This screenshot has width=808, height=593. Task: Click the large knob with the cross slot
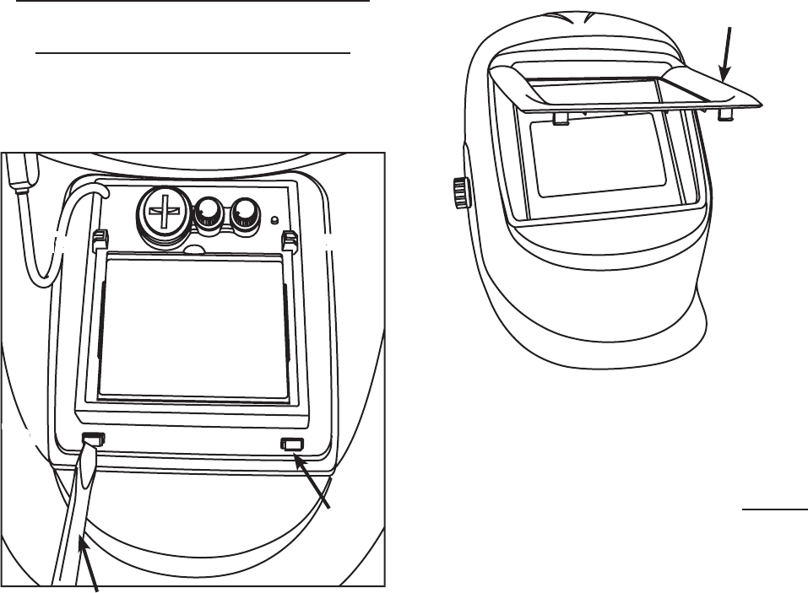click(165, 208)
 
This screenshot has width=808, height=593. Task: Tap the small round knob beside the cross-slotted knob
click(208, 215)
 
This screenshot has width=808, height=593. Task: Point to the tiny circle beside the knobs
click(274, 222)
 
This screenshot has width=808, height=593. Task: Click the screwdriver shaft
click(76, 515)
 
